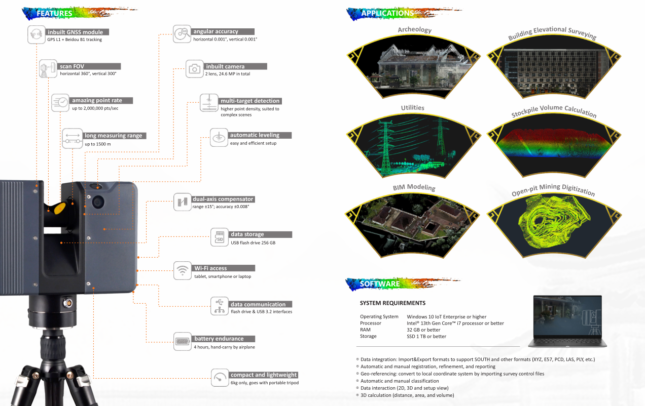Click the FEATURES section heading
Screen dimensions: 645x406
(54, 13)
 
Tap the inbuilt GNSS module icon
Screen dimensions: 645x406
(37, 34)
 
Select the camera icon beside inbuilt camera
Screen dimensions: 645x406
(194, 69)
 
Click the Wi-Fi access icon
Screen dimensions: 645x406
(182, 270)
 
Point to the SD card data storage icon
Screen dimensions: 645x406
(220, 237)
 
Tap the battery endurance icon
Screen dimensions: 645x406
(182, 341)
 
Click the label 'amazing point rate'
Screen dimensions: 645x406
(97, 100)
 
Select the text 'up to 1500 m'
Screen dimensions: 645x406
(98, 144)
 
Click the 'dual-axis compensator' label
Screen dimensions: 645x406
(223, 199)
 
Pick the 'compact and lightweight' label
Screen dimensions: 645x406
(264, 375)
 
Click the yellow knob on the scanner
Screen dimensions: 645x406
(60, 208)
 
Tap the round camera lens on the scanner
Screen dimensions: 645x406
(98, 201)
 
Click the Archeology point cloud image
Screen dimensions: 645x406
(413, 67)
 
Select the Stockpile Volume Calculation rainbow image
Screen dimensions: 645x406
(554, 145)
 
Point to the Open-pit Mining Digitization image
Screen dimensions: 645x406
(554, 225)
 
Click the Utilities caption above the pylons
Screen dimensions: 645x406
(413, 108)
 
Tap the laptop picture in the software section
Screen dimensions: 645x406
(567, 321)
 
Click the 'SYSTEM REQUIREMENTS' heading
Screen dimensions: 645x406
(392, 303)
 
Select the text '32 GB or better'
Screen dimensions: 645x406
(423, 330)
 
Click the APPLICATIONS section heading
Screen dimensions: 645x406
(387, 13)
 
